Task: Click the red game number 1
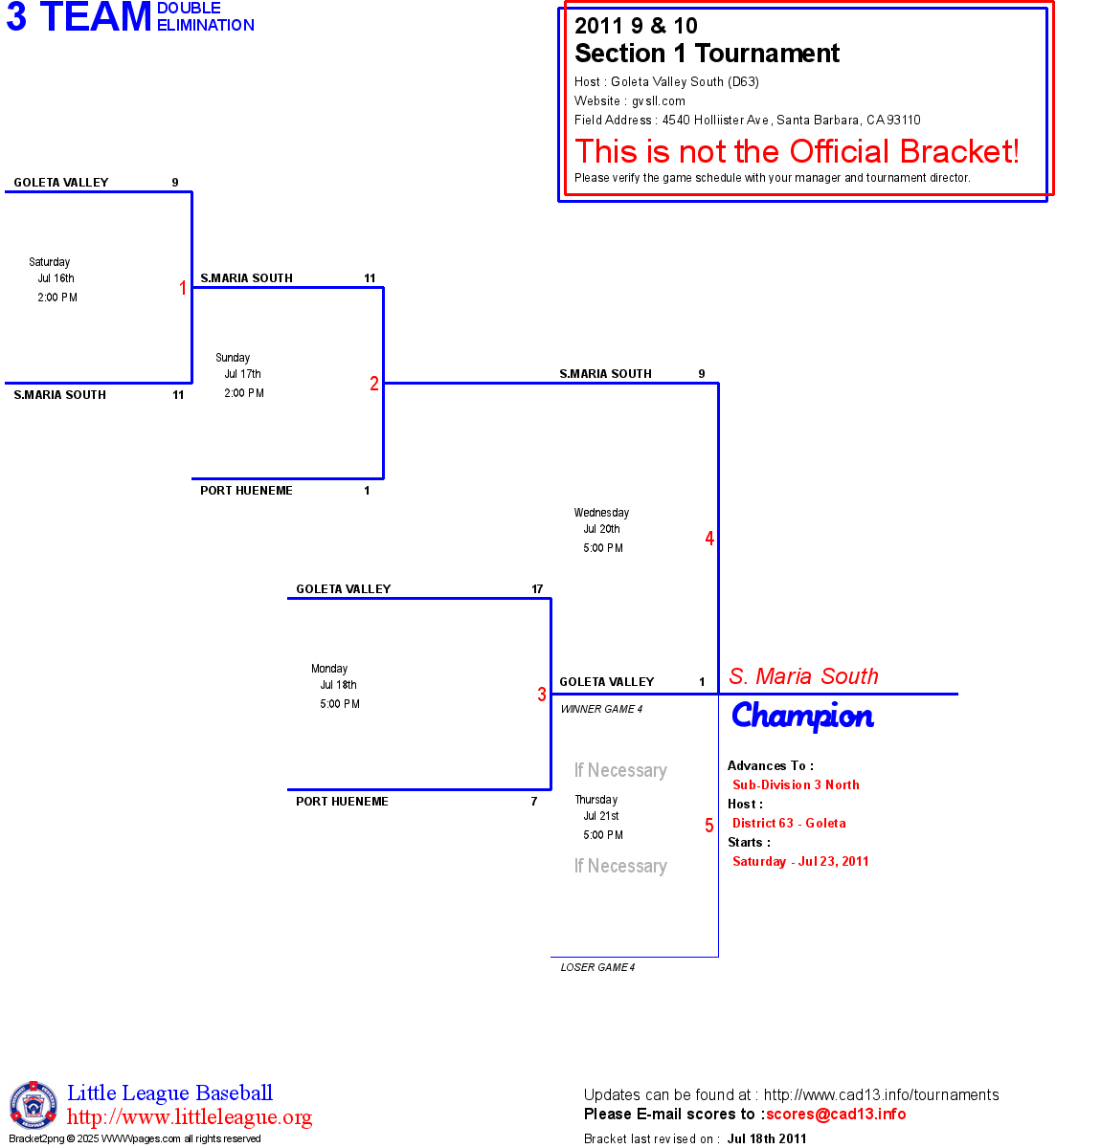pyautogui.click(x=183, y=288)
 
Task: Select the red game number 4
pyautogui.click(x=709, y=539)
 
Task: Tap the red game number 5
pyautogui.click(x=709, y=826)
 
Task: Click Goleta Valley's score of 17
pyautogui.click(x=537, y=589)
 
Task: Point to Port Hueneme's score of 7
pyautogui.click(x=534, y=802)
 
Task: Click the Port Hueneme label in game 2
pyautogui.click(x=246, y=491)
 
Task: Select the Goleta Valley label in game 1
pyautogui.click(x=61, y=183)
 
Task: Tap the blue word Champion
pyautogui.click(x=802, y=716)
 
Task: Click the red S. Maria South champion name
pyautogui.click(x=803, y=676)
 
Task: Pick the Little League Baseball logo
pyautogui.click(x=34, y=1105)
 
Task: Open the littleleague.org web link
pyautogui.click(x=190, y=1117)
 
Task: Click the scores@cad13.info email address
pyautogui.click(x=836, y=1114)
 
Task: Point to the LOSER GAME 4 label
pyautogui.click(x=597, y=967)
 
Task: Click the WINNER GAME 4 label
pyautogui.click(x=601, y=709)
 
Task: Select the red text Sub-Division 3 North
pyautogui.click(x=796, y=784)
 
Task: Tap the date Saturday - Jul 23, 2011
pyautogui.click(x=800, y=861)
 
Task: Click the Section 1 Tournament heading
pyautogui.click(x=707, y=54)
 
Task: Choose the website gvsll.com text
pyautogui.click(x=658, y=100)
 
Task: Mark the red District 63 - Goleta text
pyautogui.click(x=789, y=823)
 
